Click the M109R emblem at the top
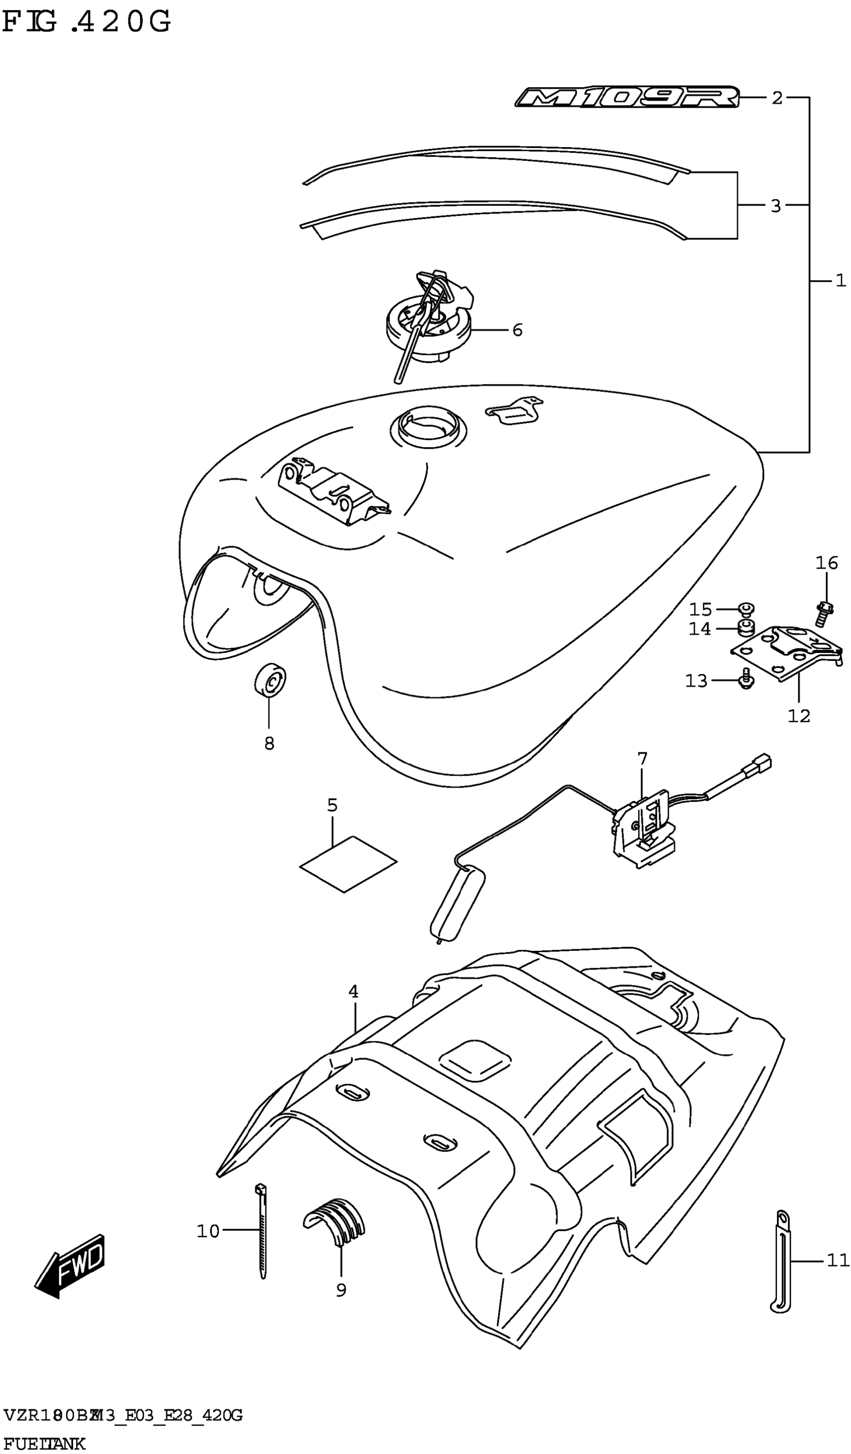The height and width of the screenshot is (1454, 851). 627,98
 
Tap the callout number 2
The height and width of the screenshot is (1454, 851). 777,99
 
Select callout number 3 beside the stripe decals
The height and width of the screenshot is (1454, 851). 776,206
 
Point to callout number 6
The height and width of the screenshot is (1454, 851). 517,330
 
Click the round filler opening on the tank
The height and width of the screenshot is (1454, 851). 428,428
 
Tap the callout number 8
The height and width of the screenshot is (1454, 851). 269,744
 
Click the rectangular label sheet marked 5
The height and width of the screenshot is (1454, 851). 348,864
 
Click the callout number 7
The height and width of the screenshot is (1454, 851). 642,758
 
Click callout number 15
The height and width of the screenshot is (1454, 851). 701,609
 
